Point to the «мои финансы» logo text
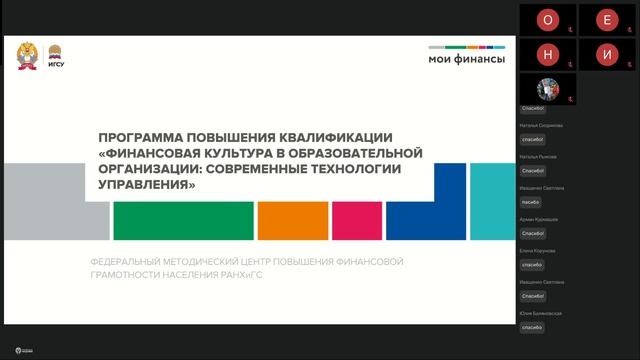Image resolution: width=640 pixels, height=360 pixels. click(x=466, y=59)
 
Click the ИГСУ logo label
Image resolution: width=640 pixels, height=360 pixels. click(x=57, y=66)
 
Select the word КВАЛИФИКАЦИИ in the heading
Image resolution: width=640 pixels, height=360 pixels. click(x=334, y=137)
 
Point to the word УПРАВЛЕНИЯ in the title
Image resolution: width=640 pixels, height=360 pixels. click(x=144, y=185)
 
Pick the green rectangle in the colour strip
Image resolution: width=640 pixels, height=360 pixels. click(x=183, y=220)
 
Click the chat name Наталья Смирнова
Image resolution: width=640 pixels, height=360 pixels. click(x=542, y=126)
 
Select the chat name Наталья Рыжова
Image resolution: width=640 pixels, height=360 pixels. click(x=539, y=157)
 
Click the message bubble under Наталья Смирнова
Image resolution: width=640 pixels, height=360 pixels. click(x=532, y=140)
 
